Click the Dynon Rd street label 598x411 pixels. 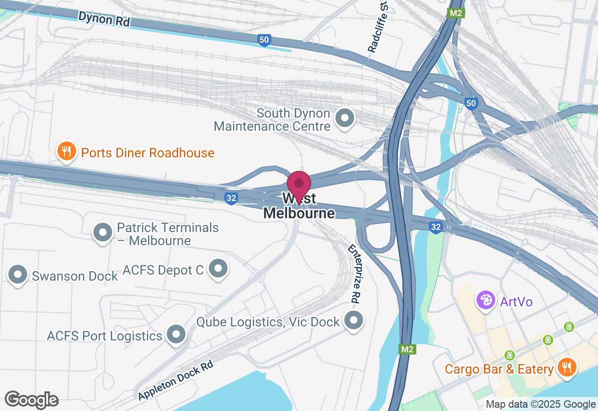pos(104,19)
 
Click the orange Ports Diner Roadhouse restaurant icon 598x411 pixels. pos(67,151)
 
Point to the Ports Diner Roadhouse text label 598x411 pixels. pos(148,153)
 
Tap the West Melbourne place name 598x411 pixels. pos(299,206)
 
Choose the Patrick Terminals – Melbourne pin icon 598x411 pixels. pos(103,232)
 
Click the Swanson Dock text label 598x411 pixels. pos(75,276)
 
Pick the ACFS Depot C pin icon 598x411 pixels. pos(218,269)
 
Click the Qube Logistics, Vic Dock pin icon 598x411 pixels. pos(354,320)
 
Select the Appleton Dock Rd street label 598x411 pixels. pos(176,380)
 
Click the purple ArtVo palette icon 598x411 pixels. pos(486,300)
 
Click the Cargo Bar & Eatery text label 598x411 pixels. pos(499,369)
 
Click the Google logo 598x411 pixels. pos(31,400)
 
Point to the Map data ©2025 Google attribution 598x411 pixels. pos(541,404)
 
